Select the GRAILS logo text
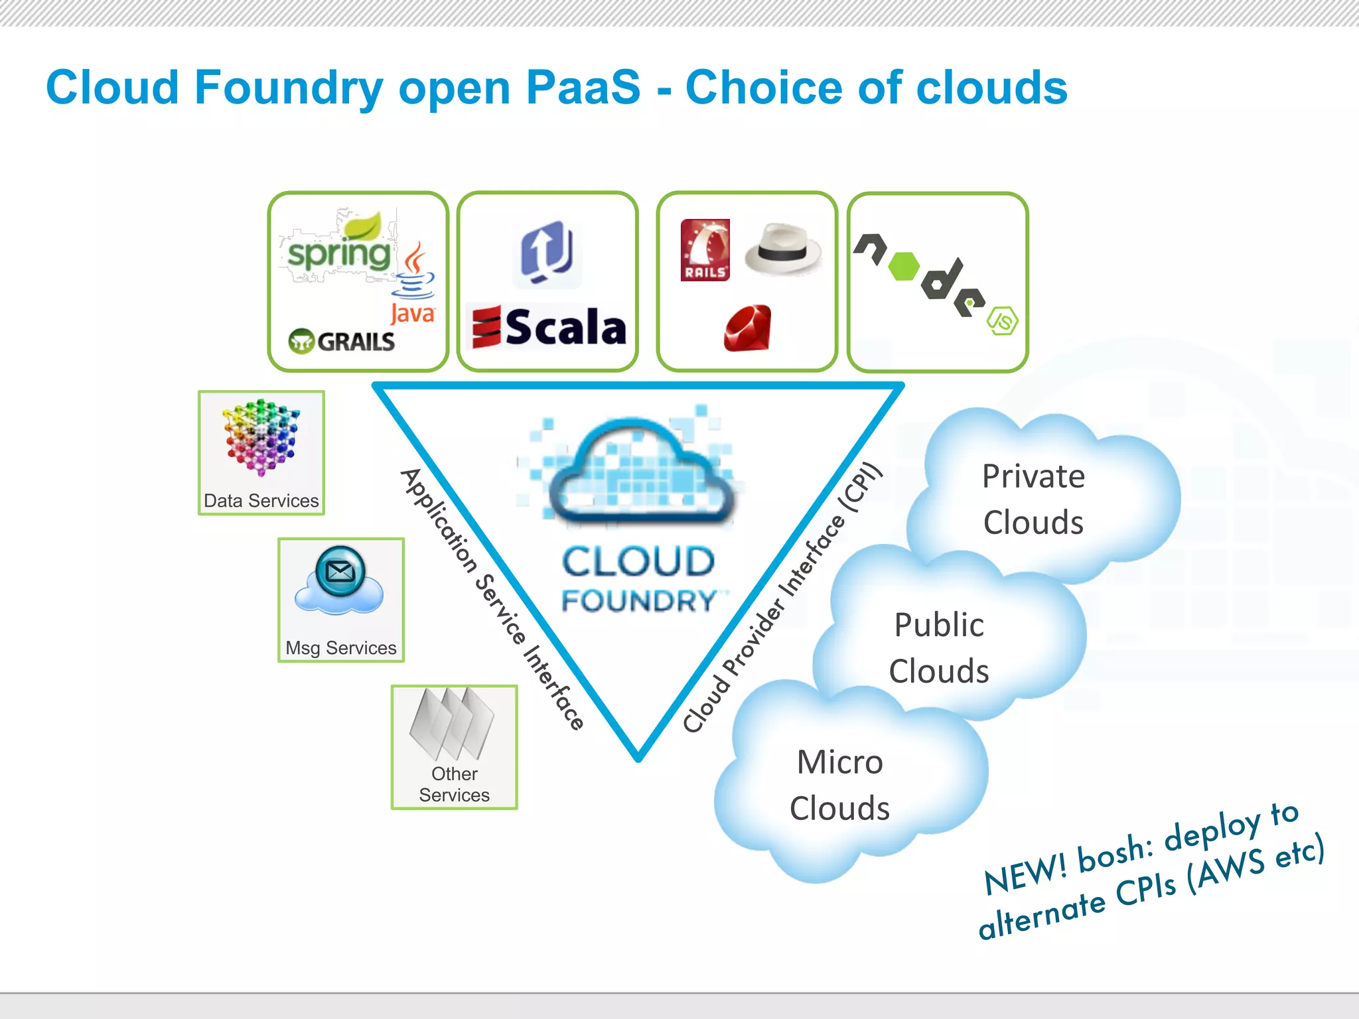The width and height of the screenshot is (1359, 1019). coord(355,342)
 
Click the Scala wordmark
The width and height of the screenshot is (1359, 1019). coord(564,327)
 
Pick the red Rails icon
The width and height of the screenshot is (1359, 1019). coord(705,250)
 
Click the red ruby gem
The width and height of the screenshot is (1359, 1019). coord(748,328)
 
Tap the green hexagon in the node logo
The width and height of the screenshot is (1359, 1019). coord(903,266)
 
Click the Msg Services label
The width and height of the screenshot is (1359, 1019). coord(341,647)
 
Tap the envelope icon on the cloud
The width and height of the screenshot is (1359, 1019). coord(340,571)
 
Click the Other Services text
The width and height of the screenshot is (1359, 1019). coord(455,784)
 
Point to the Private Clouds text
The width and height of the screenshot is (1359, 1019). coord(1033,499)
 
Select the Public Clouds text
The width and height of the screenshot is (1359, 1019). coord(939,647)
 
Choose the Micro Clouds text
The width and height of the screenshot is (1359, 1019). coord(840,785)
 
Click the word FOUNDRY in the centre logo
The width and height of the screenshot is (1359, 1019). coord(638,601)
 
